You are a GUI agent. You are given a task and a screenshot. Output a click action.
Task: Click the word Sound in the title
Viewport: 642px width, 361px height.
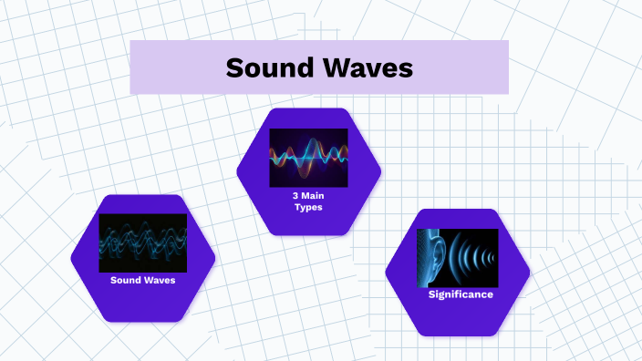pos(269,68)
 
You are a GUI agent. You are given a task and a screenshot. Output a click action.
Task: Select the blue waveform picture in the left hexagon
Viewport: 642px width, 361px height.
pos(142,242)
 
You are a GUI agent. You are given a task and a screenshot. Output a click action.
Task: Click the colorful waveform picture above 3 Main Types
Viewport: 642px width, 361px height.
pos(308,158)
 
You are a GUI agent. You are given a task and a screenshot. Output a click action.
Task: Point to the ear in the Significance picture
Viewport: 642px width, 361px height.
pos(437,256)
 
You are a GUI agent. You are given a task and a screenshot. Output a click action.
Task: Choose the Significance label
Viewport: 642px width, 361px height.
pos(461,294)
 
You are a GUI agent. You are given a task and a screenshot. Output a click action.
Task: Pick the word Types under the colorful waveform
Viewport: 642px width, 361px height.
pos(308,208)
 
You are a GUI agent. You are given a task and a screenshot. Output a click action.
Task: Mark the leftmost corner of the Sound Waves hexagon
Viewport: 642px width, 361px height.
pos(71,258)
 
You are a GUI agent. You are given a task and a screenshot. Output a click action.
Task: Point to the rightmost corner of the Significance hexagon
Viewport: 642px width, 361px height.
pos(530,273)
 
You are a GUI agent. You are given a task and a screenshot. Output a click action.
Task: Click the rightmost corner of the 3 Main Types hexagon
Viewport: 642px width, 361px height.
pos(381,170)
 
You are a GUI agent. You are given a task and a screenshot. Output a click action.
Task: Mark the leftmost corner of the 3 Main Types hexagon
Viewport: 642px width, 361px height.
pos(236,170)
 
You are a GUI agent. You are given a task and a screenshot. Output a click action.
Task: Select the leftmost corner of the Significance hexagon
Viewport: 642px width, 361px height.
pos(386,273)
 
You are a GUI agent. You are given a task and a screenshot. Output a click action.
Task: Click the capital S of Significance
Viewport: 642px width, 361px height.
pos(432,294)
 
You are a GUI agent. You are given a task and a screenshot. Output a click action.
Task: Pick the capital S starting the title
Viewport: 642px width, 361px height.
pos(234,68)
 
